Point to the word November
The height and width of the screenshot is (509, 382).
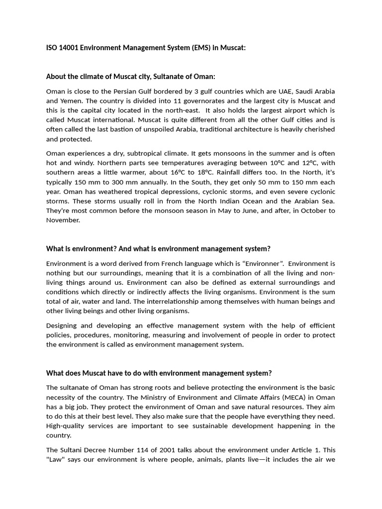pyautogui.click(x=63, y=220)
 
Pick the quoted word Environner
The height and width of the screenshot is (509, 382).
pyautogui.click(x=263, y=263)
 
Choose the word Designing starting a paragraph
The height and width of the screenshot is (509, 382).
pyautogui.click(x=63, y=325)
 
